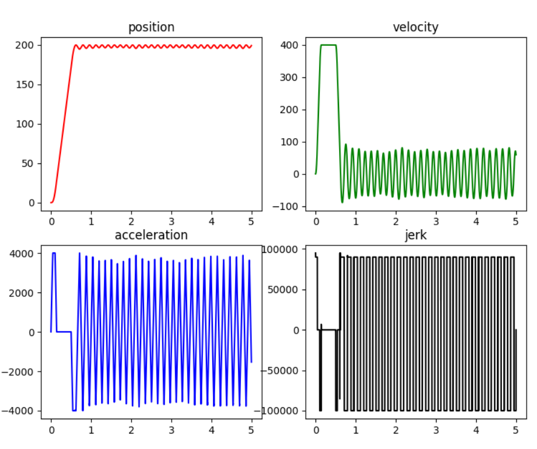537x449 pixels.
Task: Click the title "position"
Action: point(151,27)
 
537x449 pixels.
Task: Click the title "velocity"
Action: point(415,27)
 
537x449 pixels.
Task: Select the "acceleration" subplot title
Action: point(151,235)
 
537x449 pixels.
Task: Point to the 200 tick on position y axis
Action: point(28,45)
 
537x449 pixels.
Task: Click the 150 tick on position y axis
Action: point(28,85)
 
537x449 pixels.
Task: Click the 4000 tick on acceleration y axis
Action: point(26,253)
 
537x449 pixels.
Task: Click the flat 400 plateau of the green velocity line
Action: point(328,45)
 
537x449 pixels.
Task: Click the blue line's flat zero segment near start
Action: point(64,331)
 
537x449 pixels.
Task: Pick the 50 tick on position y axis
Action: point(30,163)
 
